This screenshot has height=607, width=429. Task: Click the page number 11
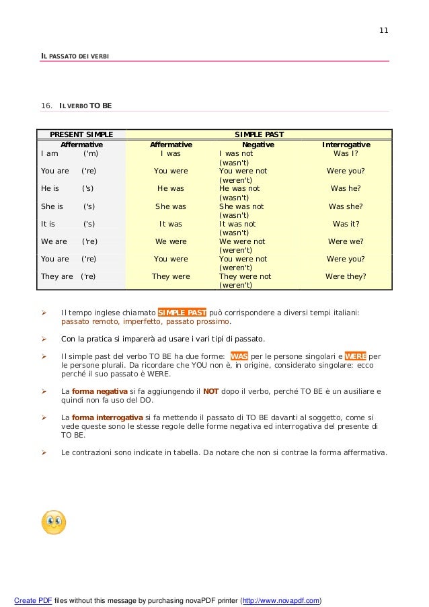[384, 31]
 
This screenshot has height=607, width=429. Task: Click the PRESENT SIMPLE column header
[82, 134]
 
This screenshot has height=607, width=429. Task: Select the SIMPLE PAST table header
[259, 134]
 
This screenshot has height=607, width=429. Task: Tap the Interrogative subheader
[346, 145]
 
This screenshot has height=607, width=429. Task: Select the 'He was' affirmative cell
[171, 189]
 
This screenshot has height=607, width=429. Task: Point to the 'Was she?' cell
[346, 206]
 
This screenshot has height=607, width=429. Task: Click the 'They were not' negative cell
[245, 276]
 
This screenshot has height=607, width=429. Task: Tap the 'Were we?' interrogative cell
[346, 241]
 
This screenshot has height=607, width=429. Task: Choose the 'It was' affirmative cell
[171, 224]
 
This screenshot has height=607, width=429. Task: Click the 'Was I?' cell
[346, 153]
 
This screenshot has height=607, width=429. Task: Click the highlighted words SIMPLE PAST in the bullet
[182, 313]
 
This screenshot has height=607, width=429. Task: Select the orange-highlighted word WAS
[239, 356]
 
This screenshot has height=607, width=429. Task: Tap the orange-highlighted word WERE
[356, 356]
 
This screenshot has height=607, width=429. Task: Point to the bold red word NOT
[211, 391]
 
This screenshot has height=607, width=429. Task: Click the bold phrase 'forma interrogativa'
[107, 417]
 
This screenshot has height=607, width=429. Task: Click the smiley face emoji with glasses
[54, 522]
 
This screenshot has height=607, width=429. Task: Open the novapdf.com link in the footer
[281, 600]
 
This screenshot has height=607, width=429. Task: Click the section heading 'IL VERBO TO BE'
[85, 106]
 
